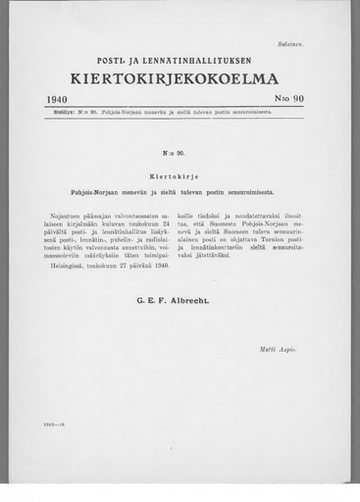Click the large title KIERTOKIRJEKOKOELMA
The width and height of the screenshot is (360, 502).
(x=180, y=78)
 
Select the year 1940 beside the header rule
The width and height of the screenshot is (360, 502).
(x=62, y=100)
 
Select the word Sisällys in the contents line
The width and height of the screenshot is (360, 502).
(x=60, y=112)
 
